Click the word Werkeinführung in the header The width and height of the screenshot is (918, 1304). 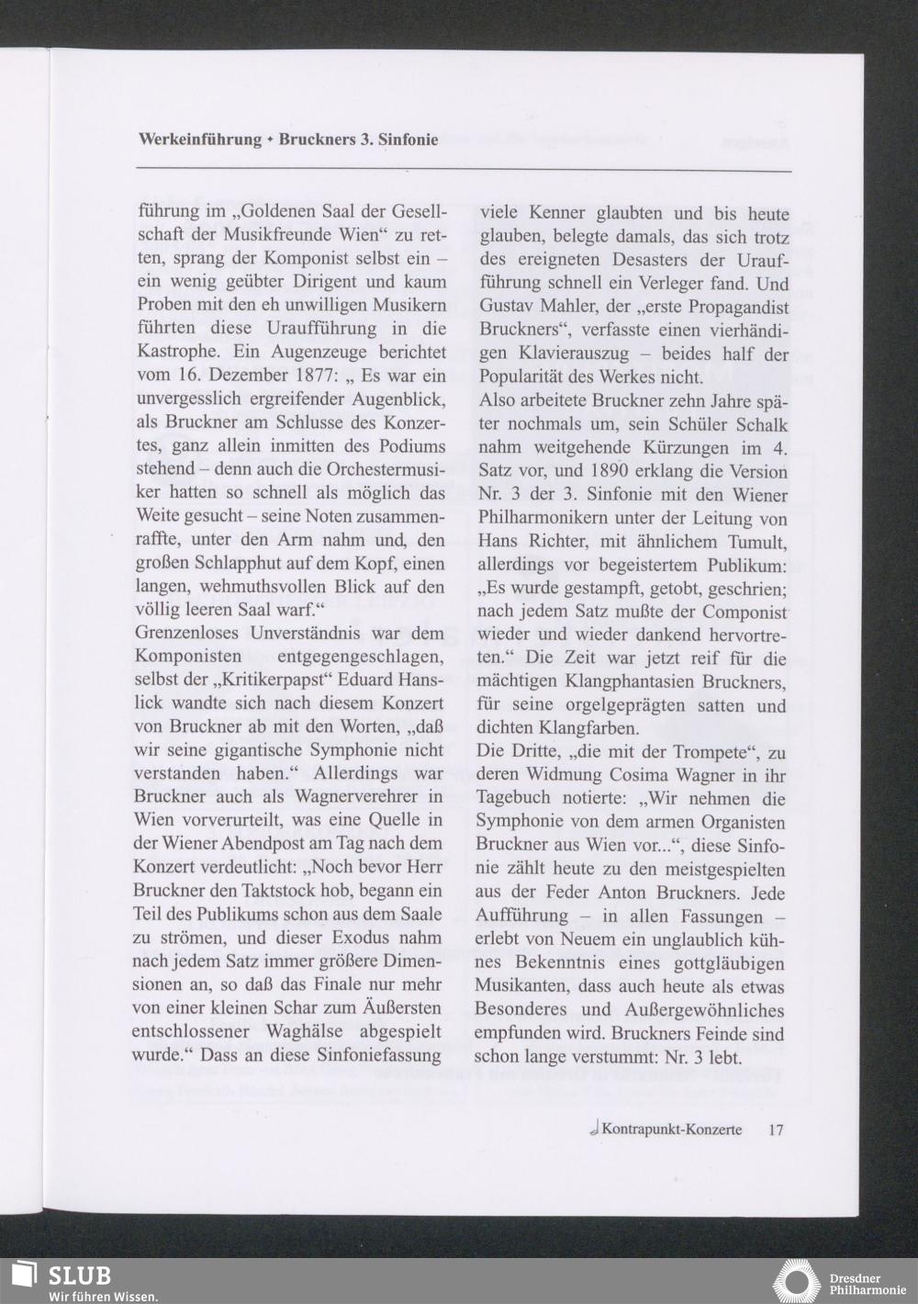click(200, 140)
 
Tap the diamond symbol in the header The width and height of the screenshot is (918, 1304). click(271, 141)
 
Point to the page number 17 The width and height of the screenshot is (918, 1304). click(776, 1130)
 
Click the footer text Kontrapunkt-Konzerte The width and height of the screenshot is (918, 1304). click(672, 1130)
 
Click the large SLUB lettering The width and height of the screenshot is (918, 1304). click(80, 1276)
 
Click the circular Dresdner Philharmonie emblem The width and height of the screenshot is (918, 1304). click(796, 1282)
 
